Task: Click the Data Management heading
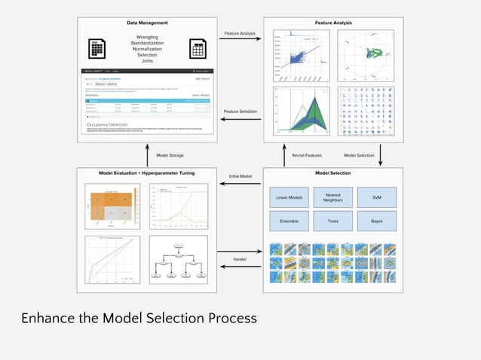click(147, 23)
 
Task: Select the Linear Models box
click(289, 197)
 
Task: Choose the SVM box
click(376, 197)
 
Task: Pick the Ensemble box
click(289, 221)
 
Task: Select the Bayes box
click(376, 221)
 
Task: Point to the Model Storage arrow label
click(170, 155)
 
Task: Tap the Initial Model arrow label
click(240, 176)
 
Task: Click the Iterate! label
click(240, 260)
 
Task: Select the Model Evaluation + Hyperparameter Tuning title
click(147, 173)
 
